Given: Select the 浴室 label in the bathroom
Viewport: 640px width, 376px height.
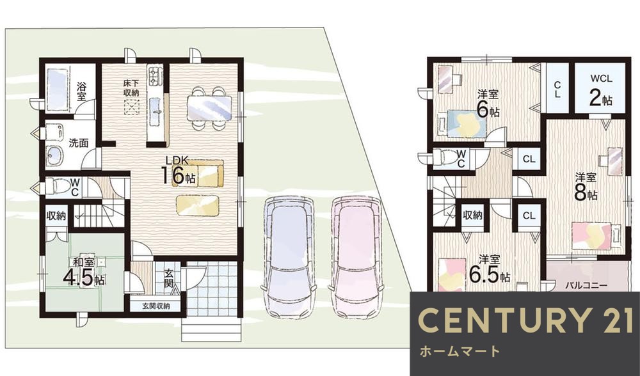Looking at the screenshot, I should [81, 91].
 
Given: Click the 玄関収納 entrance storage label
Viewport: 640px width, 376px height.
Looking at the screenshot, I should [152, 306].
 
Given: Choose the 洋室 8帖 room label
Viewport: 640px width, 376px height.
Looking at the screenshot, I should [584, 185].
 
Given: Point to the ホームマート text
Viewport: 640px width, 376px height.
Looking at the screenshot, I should [459, 351].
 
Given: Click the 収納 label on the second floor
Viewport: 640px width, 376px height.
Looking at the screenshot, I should [472, 215].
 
